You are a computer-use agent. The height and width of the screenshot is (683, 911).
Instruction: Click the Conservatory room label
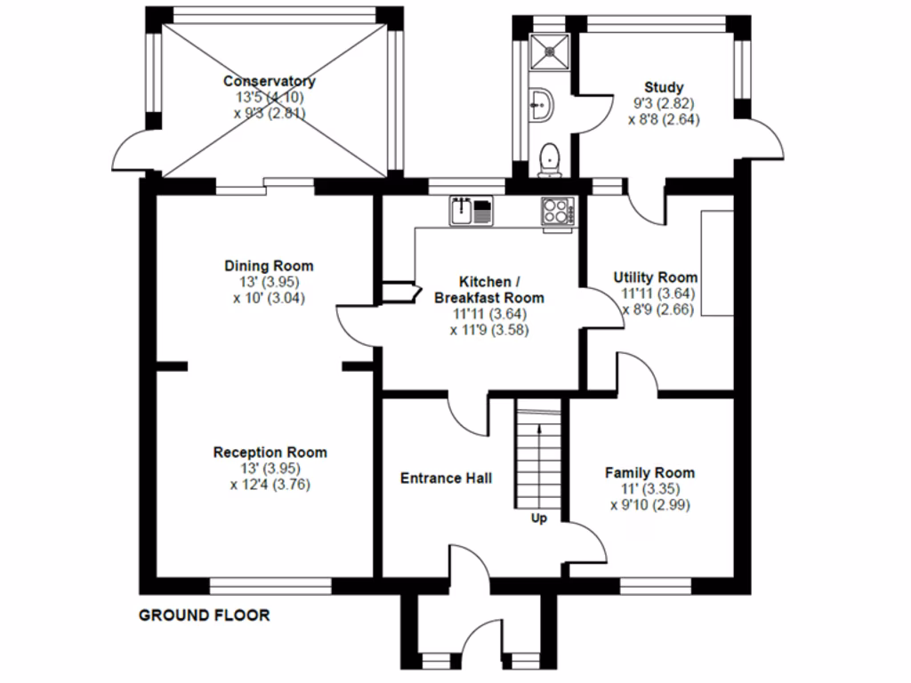coord(269,81)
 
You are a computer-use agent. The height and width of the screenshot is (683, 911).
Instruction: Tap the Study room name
coord(664,87)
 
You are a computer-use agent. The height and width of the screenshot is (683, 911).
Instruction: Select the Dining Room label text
coord(269,266)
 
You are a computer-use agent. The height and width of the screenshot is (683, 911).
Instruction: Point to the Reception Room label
coord(270,452)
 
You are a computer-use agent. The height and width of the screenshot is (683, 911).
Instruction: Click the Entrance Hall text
coord(446,478)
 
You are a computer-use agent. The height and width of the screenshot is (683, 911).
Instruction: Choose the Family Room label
coord(649,472)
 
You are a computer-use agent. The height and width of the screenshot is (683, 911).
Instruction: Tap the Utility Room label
coord(656,277)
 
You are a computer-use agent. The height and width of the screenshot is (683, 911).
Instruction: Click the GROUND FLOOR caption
coord(204,615)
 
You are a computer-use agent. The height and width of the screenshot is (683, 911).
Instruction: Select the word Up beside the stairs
coord(538,518)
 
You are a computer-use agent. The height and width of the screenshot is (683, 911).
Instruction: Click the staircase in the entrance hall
coord(539,454)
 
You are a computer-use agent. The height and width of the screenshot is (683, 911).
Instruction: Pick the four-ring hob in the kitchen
coord(558,213)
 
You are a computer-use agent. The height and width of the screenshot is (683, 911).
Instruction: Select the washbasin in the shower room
coord(541,106)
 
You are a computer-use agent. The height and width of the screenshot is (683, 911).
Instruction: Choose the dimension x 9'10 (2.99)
coord(649,504)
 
